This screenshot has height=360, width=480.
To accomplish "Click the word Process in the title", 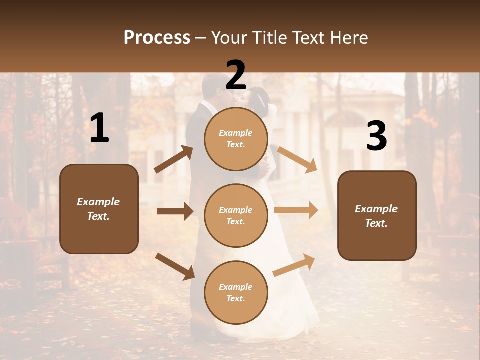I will click(x=157, y=38).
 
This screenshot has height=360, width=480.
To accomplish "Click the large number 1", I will click(x=99, y=128).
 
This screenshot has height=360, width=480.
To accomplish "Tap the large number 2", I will click(x=236, y=75).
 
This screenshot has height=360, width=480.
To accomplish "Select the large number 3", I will click(x=376, y=137).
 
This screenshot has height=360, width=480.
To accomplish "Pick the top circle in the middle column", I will click(x=236, y=139).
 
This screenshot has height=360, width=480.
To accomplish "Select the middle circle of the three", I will click(x=236, y=216).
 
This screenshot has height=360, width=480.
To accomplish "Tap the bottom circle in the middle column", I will click(x=236, y=293).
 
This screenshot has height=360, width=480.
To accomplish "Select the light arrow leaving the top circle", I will click(x=297, y=159).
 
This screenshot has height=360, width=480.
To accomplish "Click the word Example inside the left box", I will click(x=98, y=202).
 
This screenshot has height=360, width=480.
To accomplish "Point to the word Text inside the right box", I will click(x=376, y=223).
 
